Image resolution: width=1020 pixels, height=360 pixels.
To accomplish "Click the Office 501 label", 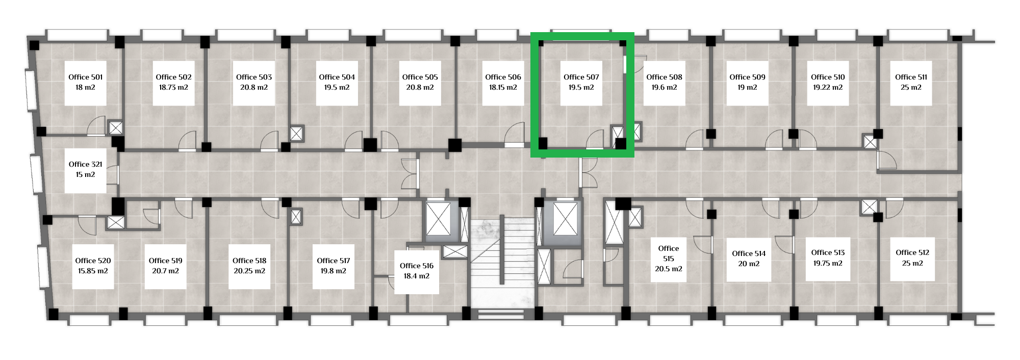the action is [86, 77].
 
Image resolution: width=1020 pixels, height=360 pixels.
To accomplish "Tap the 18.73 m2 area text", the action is [173, 87].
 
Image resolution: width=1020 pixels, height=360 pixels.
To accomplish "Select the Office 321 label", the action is [86, 164].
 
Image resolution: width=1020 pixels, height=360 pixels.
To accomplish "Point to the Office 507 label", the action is [581, 77].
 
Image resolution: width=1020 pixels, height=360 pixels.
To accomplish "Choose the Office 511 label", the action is [911, 77].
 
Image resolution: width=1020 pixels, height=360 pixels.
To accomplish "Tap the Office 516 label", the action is [417, 266].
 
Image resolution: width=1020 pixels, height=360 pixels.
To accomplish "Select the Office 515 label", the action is [669, 253].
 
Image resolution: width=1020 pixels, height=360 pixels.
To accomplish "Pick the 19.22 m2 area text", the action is [828, 87].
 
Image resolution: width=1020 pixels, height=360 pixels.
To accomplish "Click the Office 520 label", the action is [93, 261].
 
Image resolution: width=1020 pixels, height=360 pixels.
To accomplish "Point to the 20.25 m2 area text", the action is [249, 271].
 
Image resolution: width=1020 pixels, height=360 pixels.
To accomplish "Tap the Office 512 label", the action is [912, 252].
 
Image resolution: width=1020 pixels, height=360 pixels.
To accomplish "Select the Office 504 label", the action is [337, 77].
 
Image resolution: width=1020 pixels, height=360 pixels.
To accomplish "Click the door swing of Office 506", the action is [514, 134].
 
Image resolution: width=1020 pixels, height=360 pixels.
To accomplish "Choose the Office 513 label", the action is [828, 252].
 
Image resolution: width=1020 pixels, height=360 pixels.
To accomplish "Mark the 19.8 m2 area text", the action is [334, 271].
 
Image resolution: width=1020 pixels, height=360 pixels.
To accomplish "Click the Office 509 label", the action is [747, 77].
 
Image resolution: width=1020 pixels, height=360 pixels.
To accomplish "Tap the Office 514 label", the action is [749, 253].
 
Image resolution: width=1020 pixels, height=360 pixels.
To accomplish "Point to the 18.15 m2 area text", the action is [503, 87].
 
